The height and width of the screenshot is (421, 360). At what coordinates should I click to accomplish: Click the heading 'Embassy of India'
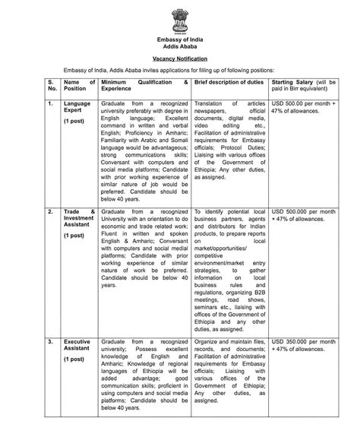(179, 39)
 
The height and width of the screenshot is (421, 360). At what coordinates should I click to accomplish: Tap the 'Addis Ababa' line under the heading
(179, 46)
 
